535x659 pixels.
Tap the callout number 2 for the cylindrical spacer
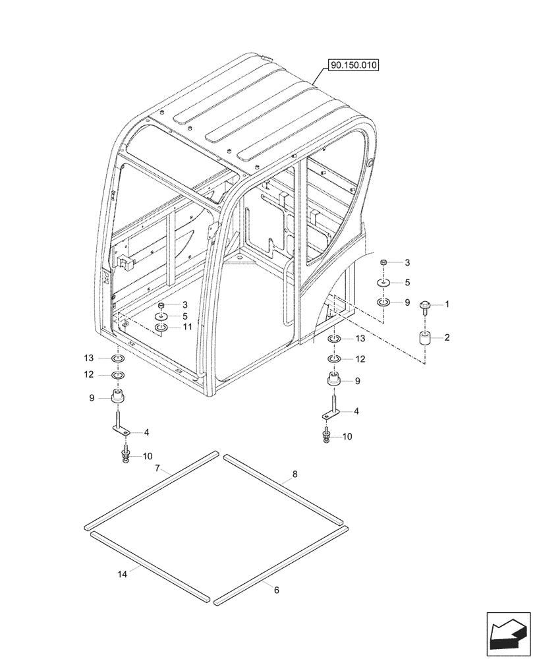447,337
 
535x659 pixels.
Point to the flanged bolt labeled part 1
425,306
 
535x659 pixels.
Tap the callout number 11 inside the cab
187,326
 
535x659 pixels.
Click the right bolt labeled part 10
327,435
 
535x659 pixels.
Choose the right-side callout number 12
360,359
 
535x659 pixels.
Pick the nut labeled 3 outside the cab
383,263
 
